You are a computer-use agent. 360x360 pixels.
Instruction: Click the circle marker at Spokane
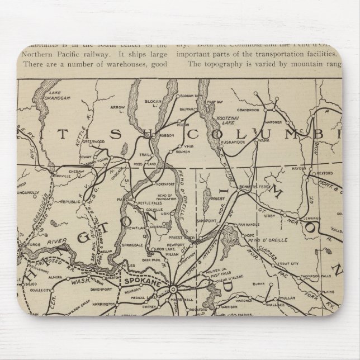coord(173,289)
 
